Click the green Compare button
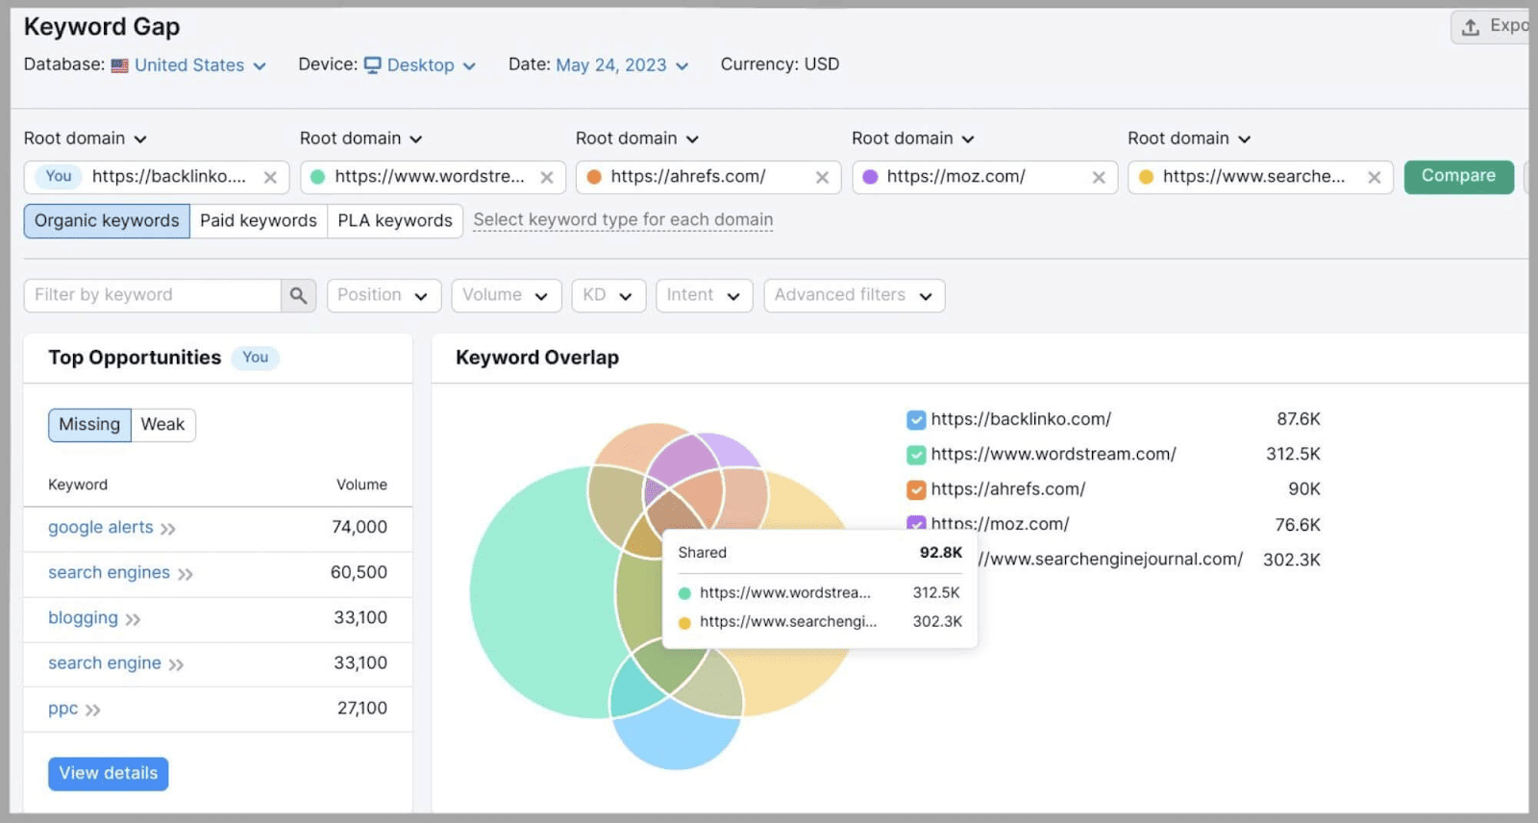[1457, 176]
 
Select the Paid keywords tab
[258, 221]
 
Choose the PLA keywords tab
[394, 221]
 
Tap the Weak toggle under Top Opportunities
[162, 425]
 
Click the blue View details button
[108, 774]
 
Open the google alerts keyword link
[101, 528]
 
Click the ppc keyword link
[63, 710]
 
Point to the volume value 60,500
[359, 573]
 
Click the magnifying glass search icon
[298, 296]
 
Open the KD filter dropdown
[608, 296]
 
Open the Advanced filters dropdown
[854, 296]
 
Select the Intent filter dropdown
[703, 296]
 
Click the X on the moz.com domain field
[1099, 178]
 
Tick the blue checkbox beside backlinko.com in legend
[916, 420]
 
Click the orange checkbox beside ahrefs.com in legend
[916, 490]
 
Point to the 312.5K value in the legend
[1293, 455]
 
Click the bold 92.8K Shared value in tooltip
[940, 553]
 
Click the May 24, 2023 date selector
[622, 65]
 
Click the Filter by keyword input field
[152, 296]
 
